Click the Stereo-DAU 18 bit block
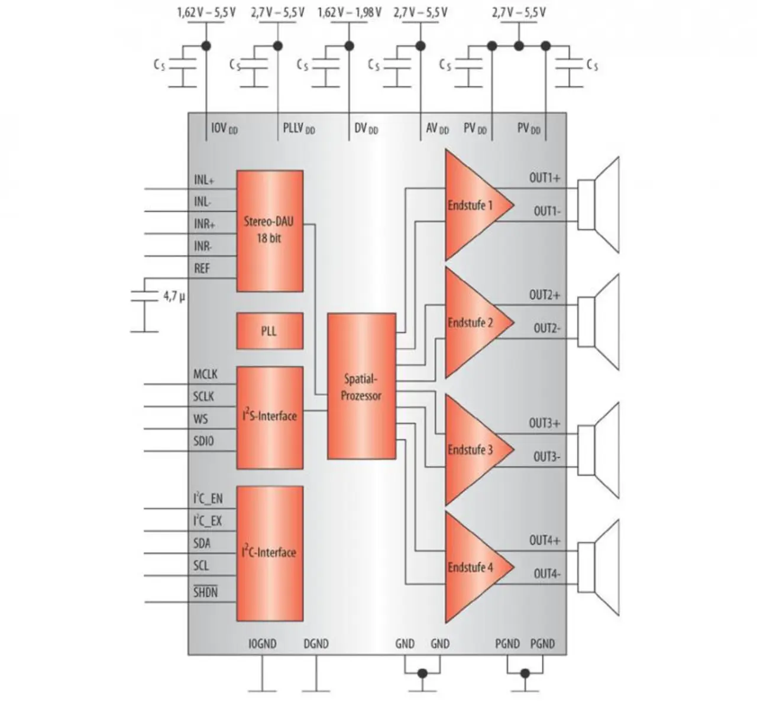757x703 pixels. tap(270, 231)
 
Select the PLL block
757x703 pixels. tap(270, 331)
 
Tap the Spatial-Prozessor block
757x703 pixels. tap(361, 386)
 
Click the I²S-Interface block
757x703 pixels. tap(270, 418)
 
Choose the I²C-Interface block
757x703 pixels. tap(270, 553)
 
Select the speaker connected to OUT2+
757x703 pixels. tap(599, 322)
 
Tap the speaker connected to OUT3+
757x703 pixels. tap(599, 451)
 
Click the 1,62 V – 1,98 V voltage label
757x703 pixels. tap(350, 12)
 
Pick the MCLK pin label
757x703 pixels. tap(205, 374)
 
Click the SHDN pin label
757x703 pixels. tap(205, 592)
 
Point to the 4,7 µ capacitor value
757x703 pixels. tap(174, 296)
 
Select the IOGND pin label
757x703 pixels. tap(262, 644)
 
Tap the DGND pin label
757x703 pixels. tap(316, 644)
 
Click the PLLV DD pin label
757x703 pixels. tap(299, 128)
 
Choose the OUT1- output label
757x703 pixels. tap(548, 211)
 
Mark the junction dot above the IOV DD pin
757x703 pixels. tap(206, 46)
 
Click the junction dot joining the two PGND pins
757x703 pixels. tap(525, 673)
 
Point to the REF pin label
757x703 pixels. tap(202, 268)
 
